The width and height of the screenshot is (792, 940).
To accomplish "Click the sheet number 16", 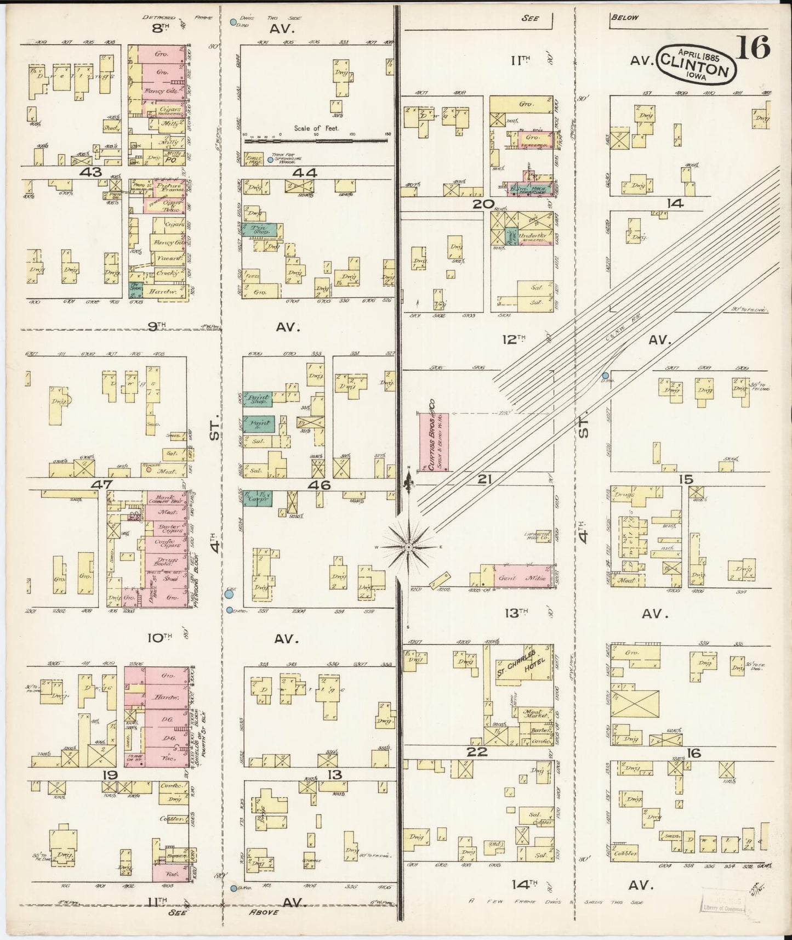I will (753, 47).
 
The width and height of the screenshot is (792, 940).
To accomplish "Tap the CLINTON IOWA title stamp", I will (697, 63).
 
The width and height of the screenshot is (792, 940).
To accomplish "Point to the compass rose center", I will (408, 547).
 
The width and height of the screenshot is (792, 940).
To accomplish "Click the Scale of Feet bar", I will (317, 141).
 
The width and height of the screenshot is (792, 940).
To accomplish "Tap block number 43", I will (90, 172).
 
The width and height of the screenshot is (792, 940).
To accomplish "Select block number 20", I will (483, 204).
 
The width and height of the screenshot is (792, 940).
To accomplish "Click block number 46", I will (319, 485).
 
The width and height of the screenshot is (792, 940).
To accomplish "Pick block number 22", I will (477, 752).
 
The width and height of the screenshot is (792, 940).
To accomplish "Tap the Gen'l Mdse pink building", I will (523, 577).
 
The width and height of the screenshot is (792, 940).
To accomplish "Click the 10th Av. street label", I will (160, 638).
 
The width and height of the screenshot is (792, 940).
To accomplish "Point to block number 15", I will (686, 479).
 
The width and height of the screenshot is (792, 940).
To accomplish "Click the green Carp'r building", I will (257, 499).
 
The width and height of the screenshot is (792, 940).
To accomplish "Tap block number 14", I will (675, 203).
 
